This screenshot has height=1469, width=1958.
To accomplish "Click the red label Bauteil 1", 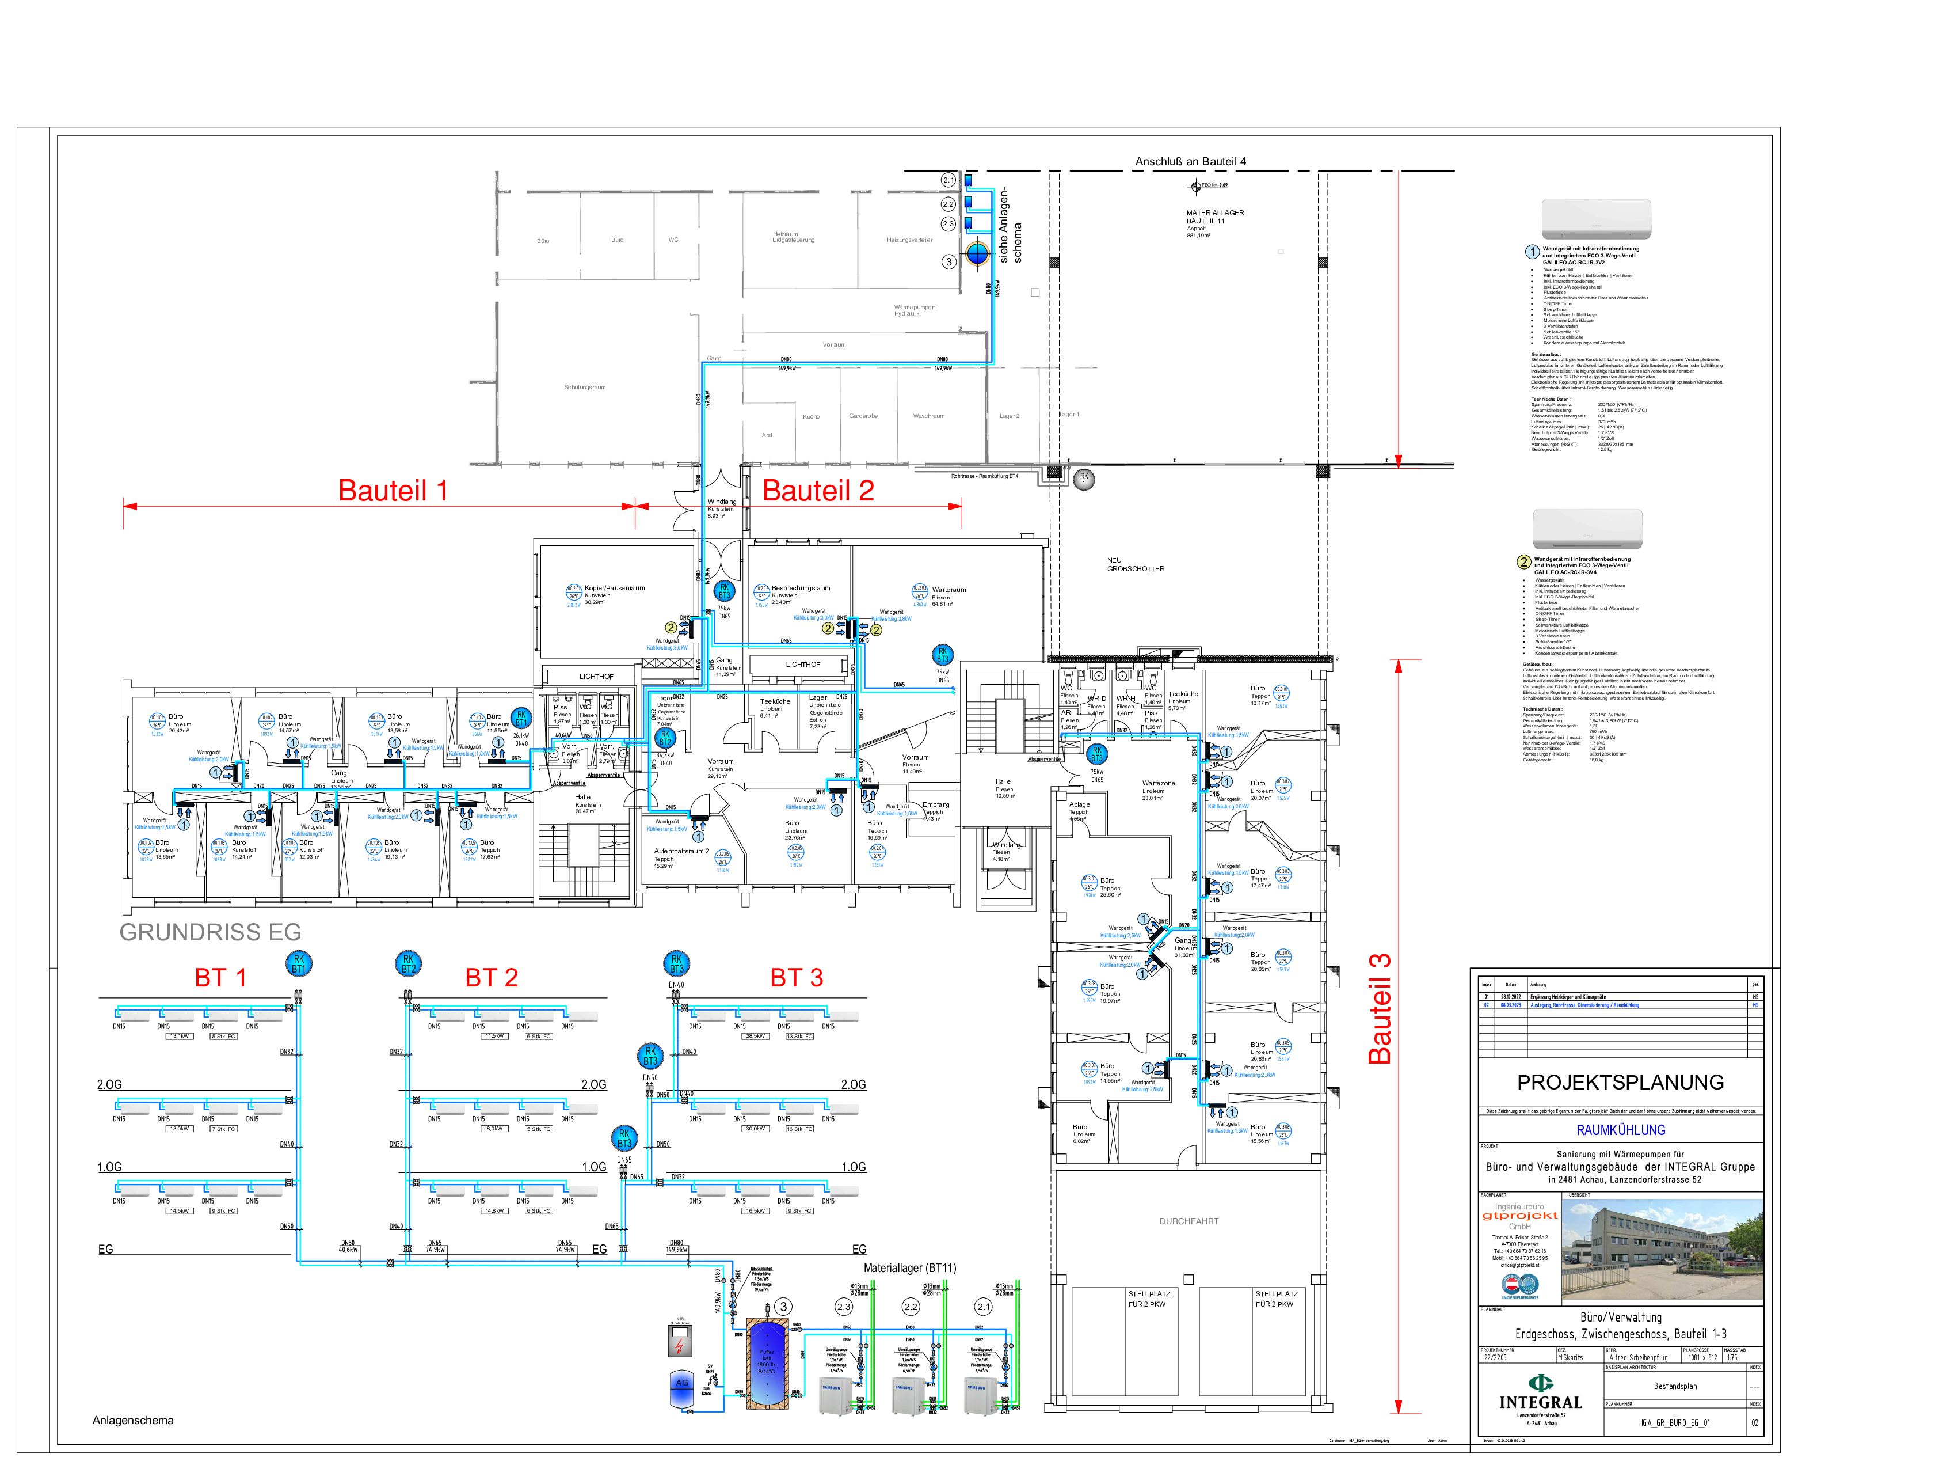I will pos(393,491).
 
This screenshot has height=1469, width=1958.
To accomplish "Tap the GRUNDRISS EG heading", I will pos(211,932).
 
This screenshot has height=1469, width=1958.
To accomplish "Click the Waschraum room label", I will pos(928,416).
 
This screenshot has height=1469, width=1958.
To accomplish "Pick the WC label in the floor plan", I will pos(673,240).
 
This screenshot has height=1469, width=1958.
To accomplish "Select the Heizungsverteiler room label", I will pos(910,240).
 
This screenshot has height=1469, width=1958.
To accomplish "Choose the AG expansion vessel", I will pos(681,1390).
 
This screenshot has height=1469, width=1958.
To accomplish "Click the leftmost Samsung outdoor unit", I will pos(834,1395).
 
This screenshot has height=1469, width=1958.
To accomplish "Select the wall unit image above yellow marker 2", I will pos(1588,529).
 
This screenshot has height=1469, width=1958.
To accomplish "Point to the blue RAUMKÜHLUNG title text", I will pos(1621,1130).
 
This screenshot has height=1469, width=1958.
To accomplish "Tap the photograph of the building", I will pos(1662,1250).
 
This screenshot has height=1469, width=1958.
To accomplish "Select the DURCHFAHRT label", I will pos(1189,1221).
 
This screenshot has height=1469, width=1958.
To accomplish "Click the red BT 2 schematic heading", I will pos(492,978).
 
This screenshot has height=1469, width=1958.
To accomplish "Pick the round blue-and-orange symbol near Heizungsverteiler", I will pos(977,254).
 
